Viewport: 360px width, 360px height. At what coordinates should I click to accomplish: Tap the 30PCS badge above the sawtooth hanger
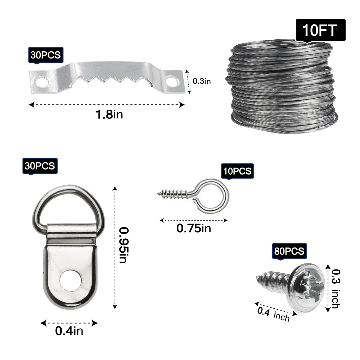[x=46, y=55]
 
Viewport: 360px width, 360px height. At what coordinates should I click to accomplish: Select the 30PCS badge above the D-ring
[x=40, y=166]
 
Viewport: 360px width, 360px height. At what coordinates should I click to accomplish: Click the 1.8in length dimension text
[x=109, y=114]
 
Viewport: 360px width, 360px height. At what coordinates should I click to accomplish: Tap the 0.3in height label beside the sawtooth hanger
[x=202, y=81]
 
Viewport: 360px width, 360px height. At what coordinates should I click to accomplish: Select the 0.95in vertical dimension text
[x=124, y=245]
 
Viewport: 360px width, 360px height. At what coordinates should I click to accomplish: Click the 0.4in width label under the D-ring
[x=69, y=331]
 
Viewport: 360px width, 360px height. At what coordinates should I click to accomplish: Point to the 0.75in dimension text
[x=194, y=228]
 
